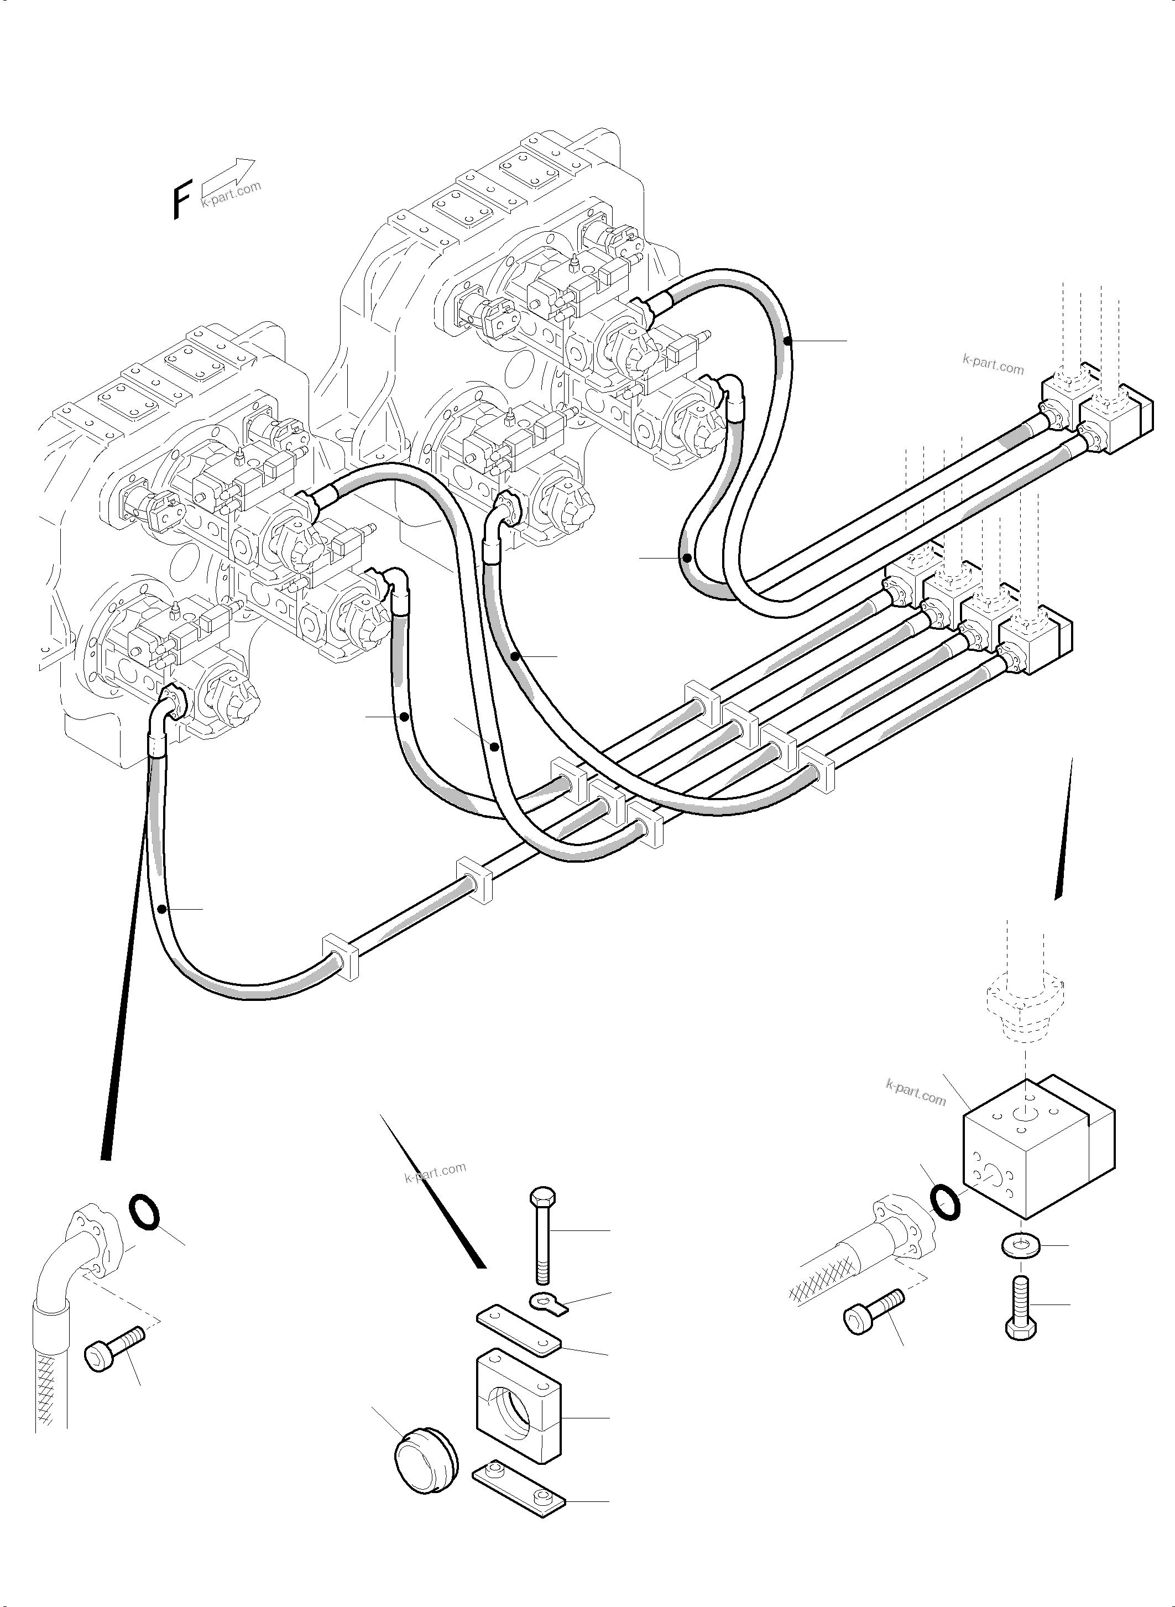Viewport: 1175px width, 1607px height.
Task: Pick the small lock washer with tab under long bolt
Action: pos(549,1301)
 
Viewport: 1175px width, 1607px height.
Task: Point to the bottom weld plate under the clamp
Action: pos(519,1483)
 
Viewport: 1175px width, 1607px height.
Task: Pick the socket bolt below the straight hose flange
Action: pos(874,1309)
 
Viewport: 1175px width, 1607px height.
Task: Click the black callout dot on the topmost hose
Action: pos(787,341)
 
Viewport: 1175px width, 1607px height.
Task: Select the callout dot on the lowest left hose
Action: pos(163,909)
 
